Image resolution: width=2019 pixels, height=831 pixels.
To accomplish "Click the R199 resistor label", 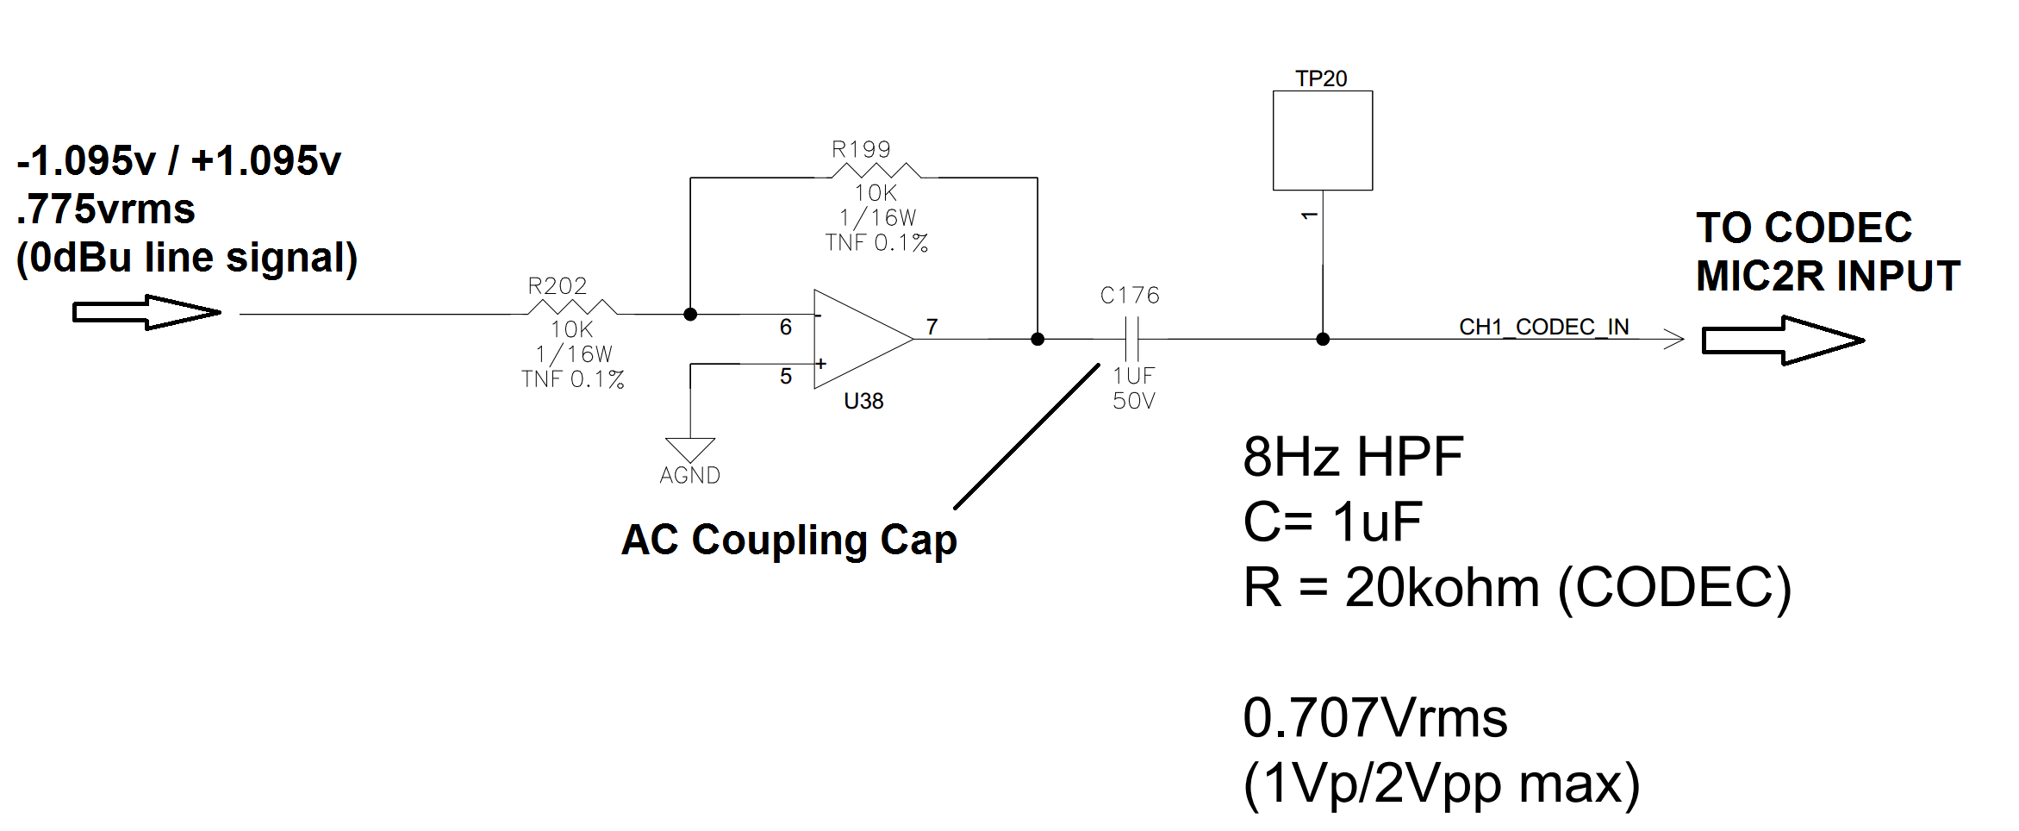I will click(860, 149).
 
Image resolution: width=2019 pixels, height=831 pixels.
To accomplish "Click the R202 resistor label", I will click(557, 285).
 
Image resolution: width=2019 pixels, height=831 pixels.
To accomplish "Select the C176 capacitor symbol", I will click(1131, 339).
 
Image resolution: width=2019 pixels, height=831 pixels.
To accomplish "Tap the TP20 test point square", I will click(1322, 141).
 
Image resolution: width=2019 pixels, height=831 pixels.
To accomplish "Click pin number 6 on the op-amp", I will click(785, 327).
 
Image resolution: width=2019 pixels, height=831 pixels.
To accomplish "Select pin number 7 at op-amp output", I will click(932, 327).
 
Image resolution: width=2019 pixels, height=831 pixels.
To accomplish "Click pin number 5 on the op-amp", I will click(785, 377).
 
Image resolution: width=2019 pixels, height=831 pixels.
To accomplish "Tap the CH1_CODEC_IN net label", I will click(1543, 327).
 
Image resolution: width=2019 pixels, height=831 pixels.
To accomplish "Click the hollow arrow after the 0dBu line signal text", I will click(146, 312).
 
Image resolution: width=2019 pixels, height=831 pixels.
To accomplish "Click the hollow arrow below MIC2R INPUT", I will click(1782, 341).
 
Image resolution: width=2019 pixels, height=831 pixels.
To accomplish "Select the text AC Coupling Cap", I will click(788, 540).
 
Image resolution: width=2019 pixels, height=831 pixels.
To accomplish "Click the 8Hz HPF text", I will click(1352, 457).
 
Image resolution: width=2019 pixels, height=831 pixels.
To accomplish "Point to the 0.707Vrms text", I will click(1374, 718).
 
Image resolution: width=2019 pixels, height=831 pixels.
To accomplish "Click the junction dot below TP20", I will click(1323, 340).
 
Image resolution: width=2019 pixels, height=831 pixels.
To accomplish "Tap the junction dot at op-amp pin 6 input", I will click(690, 315).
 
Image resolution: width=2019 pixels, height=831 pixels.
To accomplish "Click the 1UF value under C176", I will click(1133, 376).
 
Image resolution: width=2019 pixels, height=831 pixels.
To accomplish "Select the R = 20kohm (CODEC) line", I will click(1517, 588).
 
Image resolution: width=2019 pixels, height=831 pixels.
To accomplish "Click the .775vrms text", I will click(106, 209).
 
